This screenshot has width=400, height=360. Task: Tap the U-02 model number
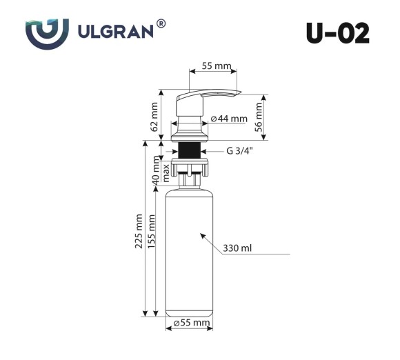click(x=337, y=32)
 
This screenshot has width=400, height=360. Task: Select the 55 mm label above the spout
click(x=216, y=66)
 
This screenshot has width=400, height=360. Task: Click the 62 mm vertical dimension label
click(x=154, y=115)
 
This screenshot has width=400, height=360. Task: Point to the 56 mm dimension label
click(x=259, y=115)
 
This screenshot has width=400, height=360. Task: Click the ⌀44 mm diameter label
click(x=228, y=119)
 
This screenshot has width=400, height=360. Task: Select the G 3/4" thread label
click(x=239, y=152)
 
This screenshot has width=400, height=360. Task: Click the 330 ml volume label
click(x=237, y=249)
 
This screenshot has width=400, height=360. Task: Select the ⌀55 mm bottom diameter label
click(x=191, y=323)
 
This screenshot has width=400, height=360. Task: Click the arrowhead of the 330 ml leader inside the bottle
click(x=203, y=236)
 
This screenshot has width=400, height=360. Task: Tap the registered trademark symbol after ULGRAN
click(x=161, y=23)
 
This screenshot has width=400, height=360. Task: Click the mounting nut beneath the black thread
click(x=188, y=167)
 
